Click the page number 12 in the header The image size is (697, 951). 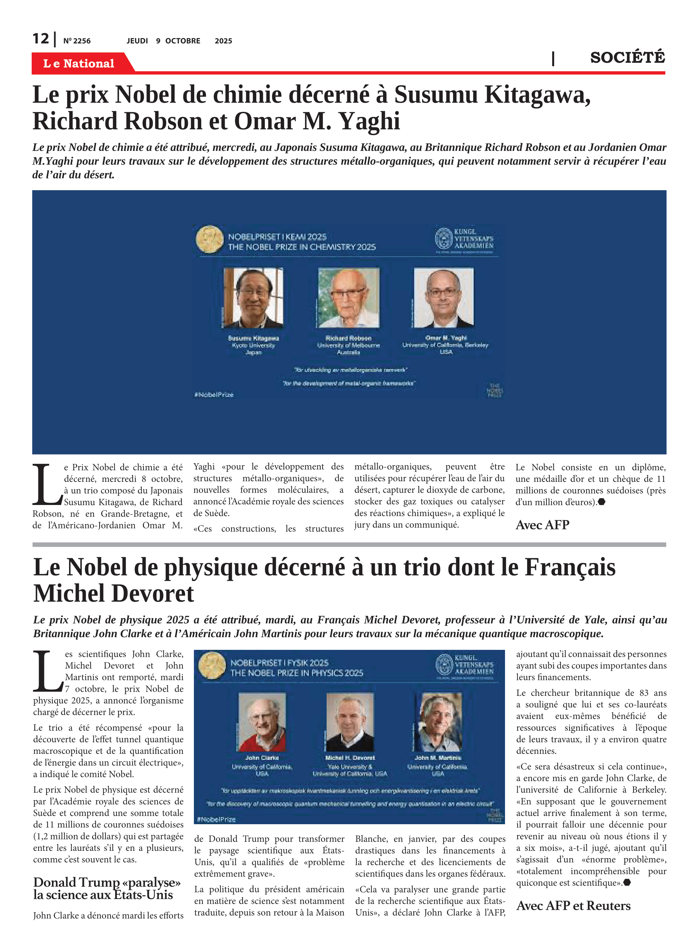coord(41,39)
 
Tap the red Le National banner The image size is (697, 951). coord(79,63)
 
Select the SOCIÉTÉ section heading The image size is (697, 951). coord(627,57)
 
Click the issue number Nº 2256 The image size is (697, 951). coord(77,41)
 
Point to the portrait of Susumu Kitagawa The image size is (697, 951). coord(253,298)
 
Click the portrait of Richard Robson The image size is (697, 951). coord(348,298)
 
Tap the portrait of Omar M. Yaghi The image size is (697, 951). coord(444,298)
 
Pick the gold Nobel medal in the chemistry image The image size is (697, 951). coord(210,239)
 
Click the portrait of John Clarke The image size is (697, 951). coord(262,722)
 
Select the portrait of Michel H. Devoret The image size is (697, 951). coord(350,722)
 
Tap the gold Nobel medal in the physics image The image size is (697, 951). coord(212,666)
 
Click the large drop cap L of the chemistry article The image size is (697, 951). coord(46,485)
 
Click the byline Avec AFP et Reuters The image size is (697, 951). coord(573,905)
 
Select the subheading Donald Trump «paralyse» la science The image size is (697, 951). coord(107,888)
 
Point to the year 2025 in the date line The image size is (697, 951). coord(223,41)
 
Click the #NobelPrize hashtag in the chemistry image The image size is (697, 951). coord(214,395)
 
